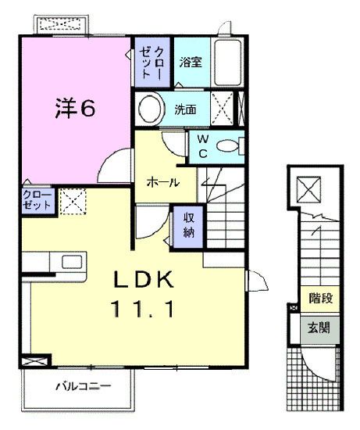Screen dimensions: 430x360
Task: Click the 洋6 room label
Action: (x=75, y=109)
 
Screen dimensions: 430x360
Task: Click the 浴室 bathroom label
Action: (x=191, y=62)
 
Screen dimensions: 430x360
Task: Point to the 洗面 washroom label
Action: (x=186, y=109)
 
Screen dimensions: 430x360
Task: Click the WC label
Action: (x=201, y=145)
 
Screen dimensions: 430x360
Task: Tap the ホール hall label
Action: (x=164, y=182)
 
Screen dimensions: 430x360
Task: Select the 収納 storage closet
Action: (x=189, y=224)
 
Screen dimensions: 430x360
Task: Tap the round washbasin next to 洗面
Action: (x=151, y=108)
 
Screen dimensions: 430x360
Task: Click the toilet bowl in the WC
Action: (x=230, y=145)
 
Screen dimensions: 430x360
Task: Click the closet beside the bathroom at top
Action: (x=151, y=62)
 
